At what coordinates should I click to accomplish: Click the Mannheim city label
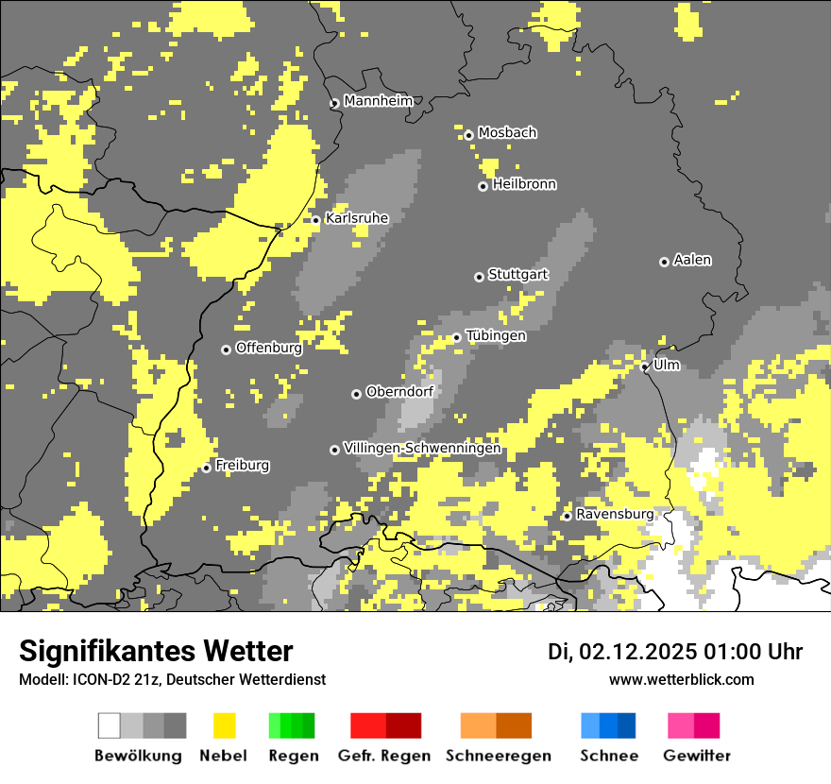click(x=378, y=101)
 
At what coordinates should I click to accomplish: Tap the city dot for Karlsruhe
click(x=316, y=220)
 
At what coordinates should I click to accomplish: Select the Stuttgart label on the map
click(x=517, y=275)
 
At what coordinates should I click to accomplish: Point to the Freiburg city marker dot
click(x=207, y=468)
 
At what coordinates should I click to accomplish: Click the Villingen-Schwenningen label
click(x=422, y=449)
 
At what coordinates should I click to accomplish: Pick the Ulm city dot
click(x=645, y=366)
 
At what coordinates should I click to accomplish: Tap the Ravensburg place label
click(x=615, y=515)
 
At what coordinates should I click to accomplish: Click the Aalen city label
click(x=692, y=260)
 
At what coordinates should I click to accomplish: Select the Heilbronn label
click(x=524, y=184)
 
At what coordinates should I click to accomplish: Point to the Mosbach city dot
click(x=468, y=135)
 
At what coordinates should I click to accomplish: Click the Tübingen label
click(x=496, y=336)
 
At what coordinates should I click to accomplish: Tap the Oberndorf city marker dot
click(x=356, y=394)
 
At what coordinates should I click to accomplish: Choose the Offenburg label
click(x=269, y=348)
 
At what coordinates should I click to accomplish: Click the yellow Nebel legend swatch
click(x=225, y=725)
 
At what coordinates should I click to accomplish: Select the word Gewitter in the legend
click(x=697, y=756)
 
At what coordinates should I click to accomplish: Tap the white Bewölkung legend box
click(x=110, y=725)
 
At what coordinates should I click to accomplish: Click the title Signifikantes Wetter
click(x=156, y=652)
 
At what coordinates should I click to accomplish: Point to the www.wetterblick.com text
click(x=681, y=679)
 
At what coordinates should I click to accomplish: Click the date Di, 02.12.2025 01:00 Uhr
click(x=675, y=652)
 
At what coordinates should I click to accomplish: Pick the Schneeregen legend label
click(x=498, y=756)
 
